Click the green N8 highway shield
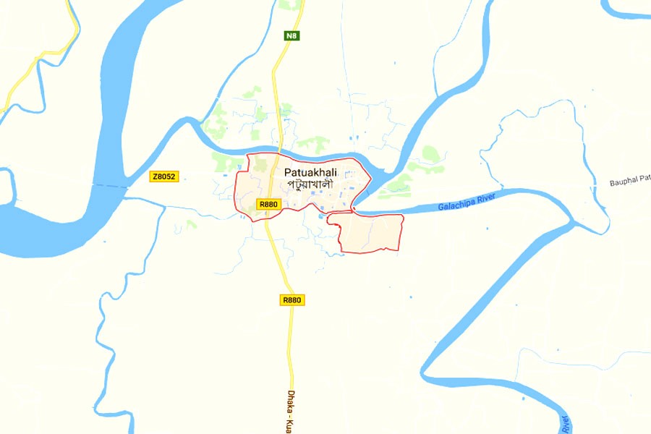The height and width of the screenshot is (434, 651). [x=292, y=35]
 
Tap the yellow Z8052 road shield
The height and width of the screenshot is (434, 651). [x=163, y=176]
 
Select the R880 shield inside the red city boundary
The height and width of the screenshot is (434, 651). [x=268, y=205]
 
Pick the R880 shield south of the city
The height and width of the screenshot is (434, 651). [x=292, y=299]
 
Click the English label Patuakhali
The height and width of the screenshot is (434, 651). [x=311, y=173]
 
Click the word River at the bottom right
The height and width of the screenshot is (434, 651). [x=565, y=424]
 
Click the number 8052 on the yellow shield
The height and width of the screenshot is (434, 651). [x=166, y=176]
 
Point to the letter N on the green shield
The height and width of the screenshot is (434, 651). [x=289, y=35]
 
